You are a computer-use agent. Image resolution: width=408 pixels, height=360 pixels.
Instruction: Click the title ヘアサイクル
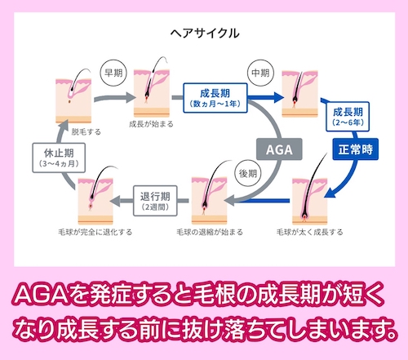pyautogui.click(x=204, y=33)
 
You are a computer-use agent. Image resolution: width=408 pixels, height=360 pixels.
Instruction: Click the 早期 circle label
pyautogui.click(x=112, y=71)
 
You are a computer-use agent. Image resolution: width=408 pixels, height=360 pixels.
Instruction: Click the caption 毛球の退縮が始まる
pyautogui.click(x=208, y=232)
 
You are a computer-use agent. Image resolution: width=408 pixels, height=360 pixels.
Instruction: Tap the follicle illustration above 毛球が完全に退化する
pyautogui.click(x=95, y=197)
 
